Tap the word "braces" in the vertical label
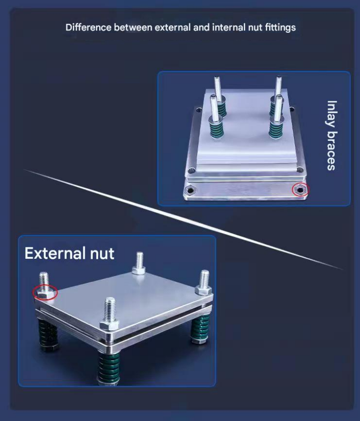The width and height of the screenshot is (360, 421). [x=332, y=151]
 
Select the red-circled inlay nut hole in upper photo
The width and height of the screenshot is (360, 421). [x=300, y=190]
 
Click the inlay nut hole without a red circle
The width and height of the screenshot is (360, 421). [x=190, y=190]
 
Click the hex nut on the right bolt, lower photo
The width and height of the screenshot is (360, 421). [x=203, y=290]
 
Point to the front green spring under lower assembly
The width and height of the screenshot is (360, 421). [x=109, y=367]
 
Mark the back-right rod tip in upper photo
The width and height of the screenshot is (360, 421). [x=279, y=78]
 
